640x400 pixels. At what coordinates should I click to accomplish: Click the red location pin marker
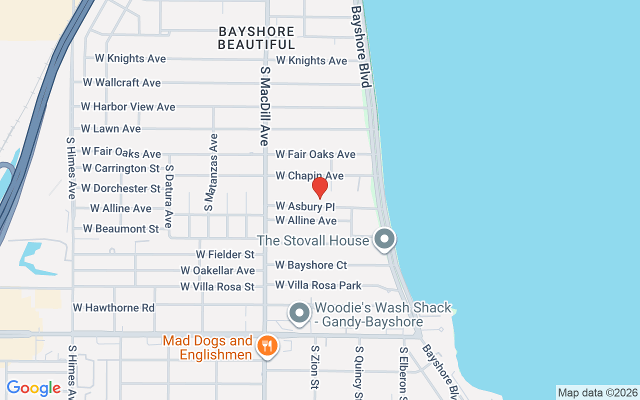click(319, 188)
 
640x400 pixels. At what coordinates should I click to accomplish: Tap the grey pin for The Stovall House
click(384, 238)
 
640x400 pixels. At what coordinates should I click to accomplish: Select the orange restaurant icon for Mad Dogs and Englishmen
click(267, 345)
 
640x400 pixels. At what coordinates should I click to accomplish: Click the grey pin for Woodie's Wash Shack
click(299, 313)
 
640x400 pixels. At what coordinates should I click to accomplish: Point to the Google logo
click(33, 388)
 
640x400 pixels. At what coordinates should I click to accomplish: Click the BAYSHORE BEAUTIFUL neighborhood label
click(256, 38)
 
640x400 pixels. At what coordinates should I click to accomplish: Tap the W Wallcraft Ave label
click(122, 82)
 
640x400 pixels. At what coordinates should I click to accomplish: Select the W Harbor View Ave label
click(128, 106)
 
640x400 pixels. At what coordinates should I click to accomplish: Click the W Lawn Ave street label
click(111, 128)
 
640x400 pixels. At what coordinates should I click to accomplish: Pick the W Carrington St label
click(121, 168)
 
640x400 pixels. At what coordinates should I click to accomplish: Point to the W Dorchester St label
click(121, 188)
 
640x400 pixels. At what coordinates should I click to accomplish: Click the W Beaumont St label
click(121, 228)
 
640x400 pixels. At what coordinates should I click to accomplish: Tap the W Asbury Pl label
click(305, 206)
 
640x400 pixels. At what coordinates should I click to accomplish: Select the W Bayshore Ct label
click(311, 265)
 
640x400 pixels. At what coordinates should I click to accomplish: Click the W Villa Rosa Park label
click(318, 285)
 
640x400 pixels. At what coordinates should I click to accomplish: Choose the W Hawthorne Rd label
click(114, 307)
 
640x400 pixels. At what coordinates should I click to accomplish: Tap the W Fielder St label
click(225, 254)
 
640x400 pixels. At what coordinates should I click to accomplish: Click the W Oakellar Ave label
click(218, 270)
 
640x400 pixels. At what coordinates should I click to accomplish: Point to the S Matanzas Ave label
click(211, 172)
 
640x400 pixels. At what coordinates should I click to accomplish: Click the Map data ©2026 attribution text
click(598, 392)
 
